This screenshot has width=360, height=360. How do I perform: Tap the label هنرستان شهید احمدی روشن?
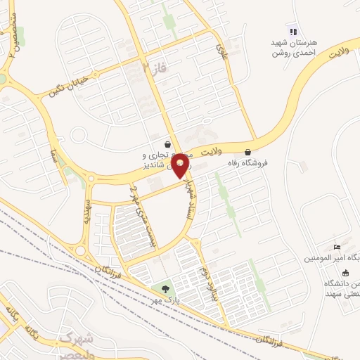pyautogui.click(x=295, y=46)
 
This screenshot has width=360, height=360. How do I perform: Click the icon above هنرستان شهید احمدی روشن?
pyautogui.click(x=295, y=32)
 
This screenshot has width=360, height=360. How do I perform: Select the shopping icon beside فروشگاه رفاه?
pyautogui.click(x=248, y=152)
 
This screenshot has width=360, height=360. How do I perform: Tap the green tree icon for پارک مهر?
pyautogui.click(x=165, y=288)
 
